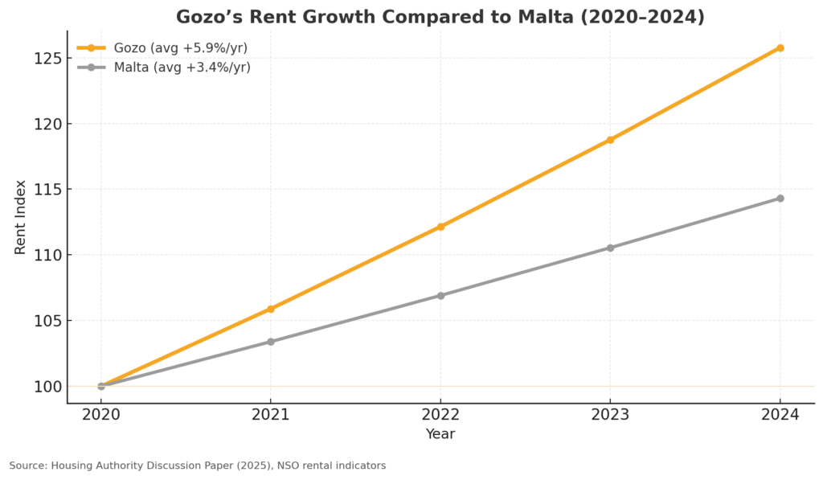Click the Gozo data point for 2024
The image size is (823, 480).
click(780, 48)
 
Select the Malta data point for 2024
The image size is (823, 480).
click(780, 199)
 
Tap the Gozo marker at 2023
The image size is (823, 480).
click(610, 140)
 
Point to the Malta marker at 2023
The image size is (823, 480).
click(610, 248)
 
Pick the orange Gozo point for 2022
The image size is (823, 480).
click(440, 227)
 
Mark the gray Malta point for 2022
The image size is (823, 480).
click(440, 295)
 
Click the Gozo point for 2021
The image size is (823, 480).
click(271, 309)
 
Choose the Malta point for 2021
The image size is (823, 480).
click(271, 342)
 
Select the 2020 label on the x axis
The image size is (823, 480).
click(101, 415)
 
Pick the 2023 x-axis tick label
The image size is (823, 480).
click(610, 415)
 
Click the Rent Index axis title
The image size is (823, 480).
click(21, 217)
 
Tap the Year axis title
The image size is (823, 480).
click(440, 435)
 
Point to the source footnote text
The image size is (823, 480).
click(198, 466)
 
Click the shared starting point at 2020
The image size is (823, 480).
click(101, 386)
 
